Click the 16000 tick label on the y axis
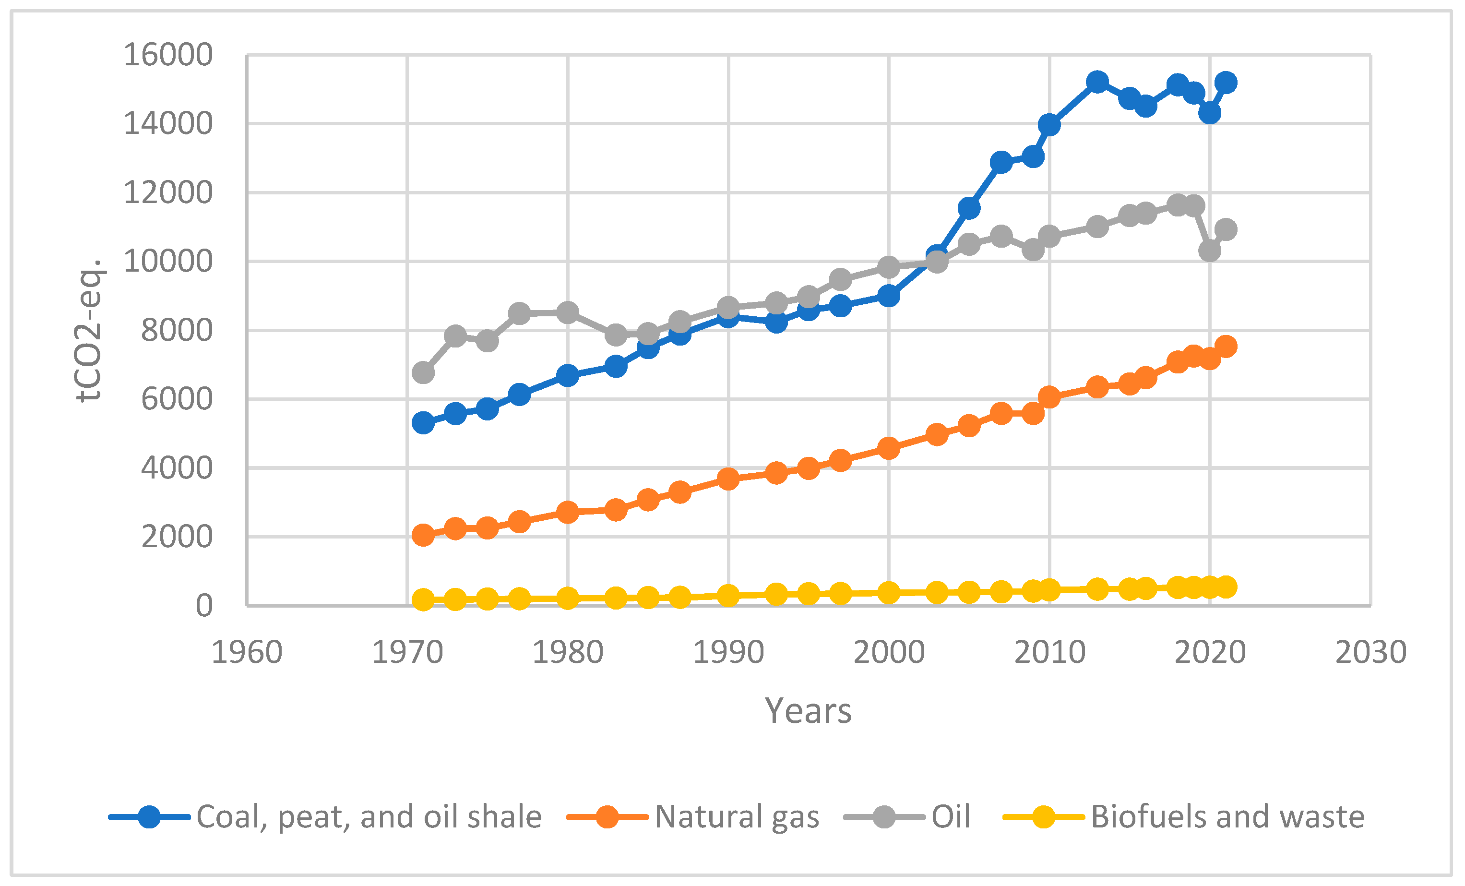167,55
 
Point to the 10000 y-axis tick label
167,262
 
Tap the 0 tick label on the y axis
204,606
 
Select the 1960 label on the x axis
247,652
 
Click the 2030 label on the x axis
1370,652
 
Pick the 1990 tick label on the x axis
728,652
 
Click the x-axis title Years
808,711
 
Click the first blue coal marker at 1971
423,423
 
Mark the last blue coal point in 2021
1226,83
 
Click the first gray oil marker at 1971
423,373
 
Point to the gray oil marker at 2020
1209,251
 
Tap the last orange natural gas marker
1226,346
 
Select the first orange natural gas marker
423,535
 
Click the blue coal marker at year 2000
888,296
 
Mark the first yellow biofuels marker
423,599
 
